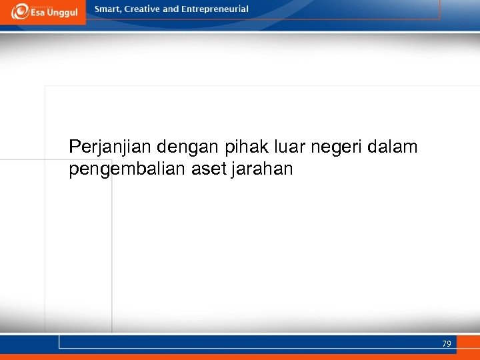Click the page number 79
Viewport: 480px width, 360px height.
(446, 344)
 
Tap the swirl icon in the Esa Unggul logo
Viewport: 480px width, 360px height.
(20, 11)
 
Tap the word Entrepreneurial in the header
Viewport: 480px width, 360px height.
(216, 9)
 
